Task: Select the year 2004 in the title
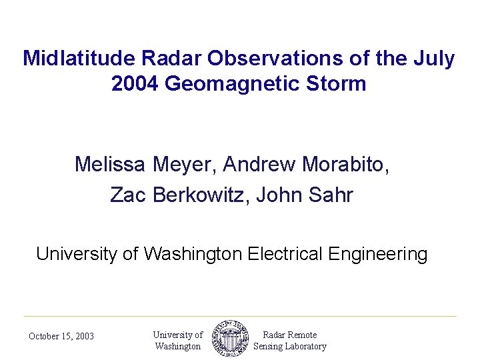point(135,84)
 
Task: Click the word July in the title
point(436,59)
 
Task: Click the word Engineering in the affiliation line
point(381,254)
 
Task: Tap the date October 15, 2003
point(61,337)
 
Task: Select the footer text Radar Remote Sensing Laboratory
point(290,341)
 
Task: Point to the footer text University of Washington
point(177,341)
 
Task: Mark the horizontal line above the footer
point(240,316)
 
